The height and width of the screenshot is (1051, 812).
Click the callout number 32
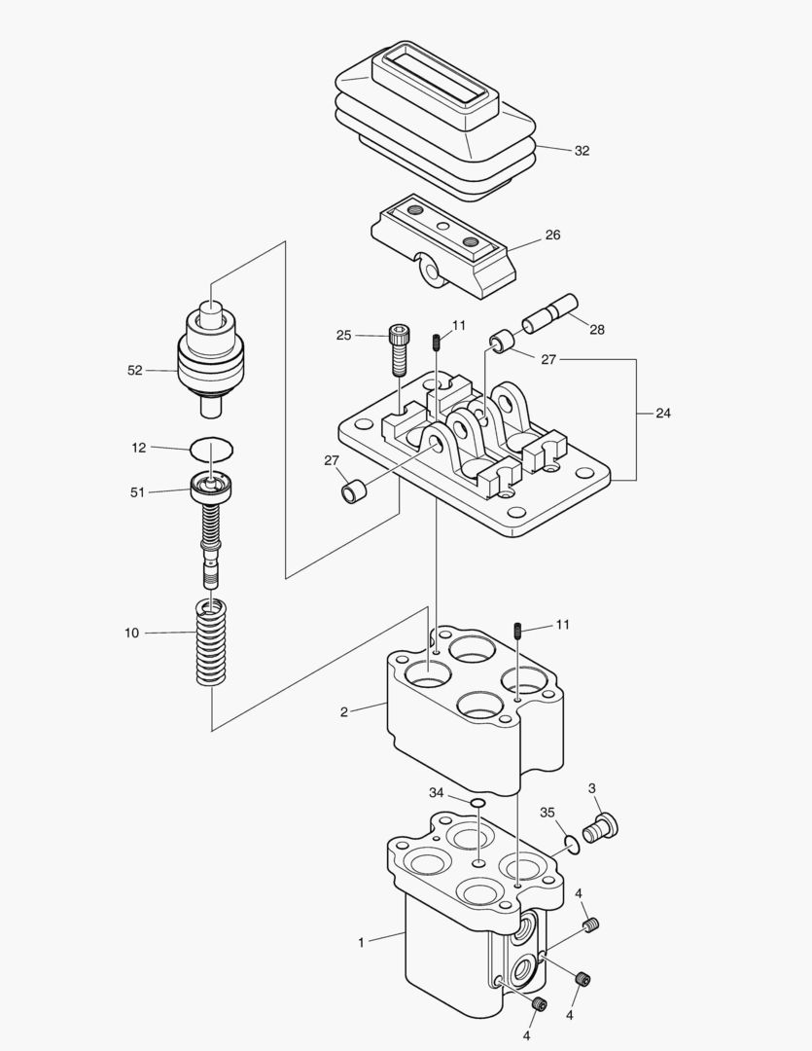(582, 151)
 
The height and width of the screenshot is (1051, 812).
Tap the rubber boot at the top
(438, 117)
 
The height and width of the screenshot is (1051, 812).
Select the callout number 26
(552, 235)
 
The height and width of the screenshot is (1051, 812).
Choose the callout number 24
(662, 413)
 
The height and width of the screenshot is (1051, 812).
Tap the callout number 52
(135, 370)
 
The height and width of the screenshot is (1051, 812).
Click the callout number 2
(344, 711)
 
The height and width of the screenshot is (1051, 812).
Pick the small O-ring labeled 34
(477, 802)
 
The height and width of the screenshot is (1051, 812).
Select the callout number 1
(361, 942)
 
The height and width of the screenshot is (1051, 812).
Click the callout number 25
(343, 336)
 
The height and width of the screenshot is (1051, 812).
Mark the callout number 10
(131, 633)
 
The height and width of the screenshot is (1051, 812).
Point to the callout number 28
(596, 330)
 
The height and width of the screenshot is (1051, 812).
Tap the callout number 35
(547, 812)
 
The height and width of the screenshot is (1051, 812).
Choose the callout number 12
(139, 448)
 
